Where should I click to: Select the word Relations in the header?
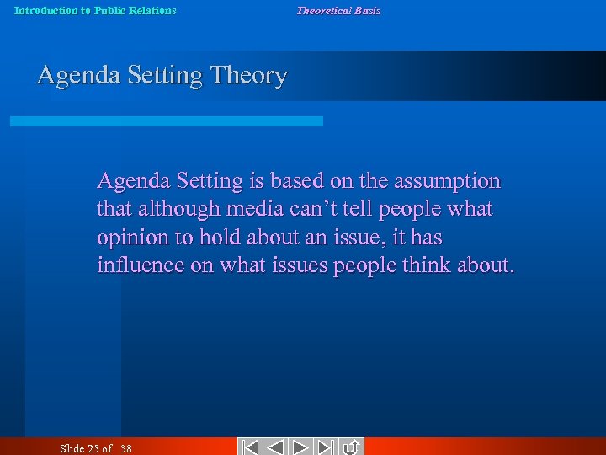coord(151,11)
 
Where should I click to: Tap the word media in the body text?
coord(249,209)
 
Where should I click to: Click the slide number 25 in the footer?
coord(94,448)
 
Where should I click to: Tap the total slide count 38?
coord(125,448)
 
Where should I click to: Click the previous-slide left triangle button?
coord(276,447)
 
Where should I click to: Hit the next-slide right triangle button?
coord(302,447)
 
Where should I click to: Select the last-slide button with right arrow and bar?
coord(327,447)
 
